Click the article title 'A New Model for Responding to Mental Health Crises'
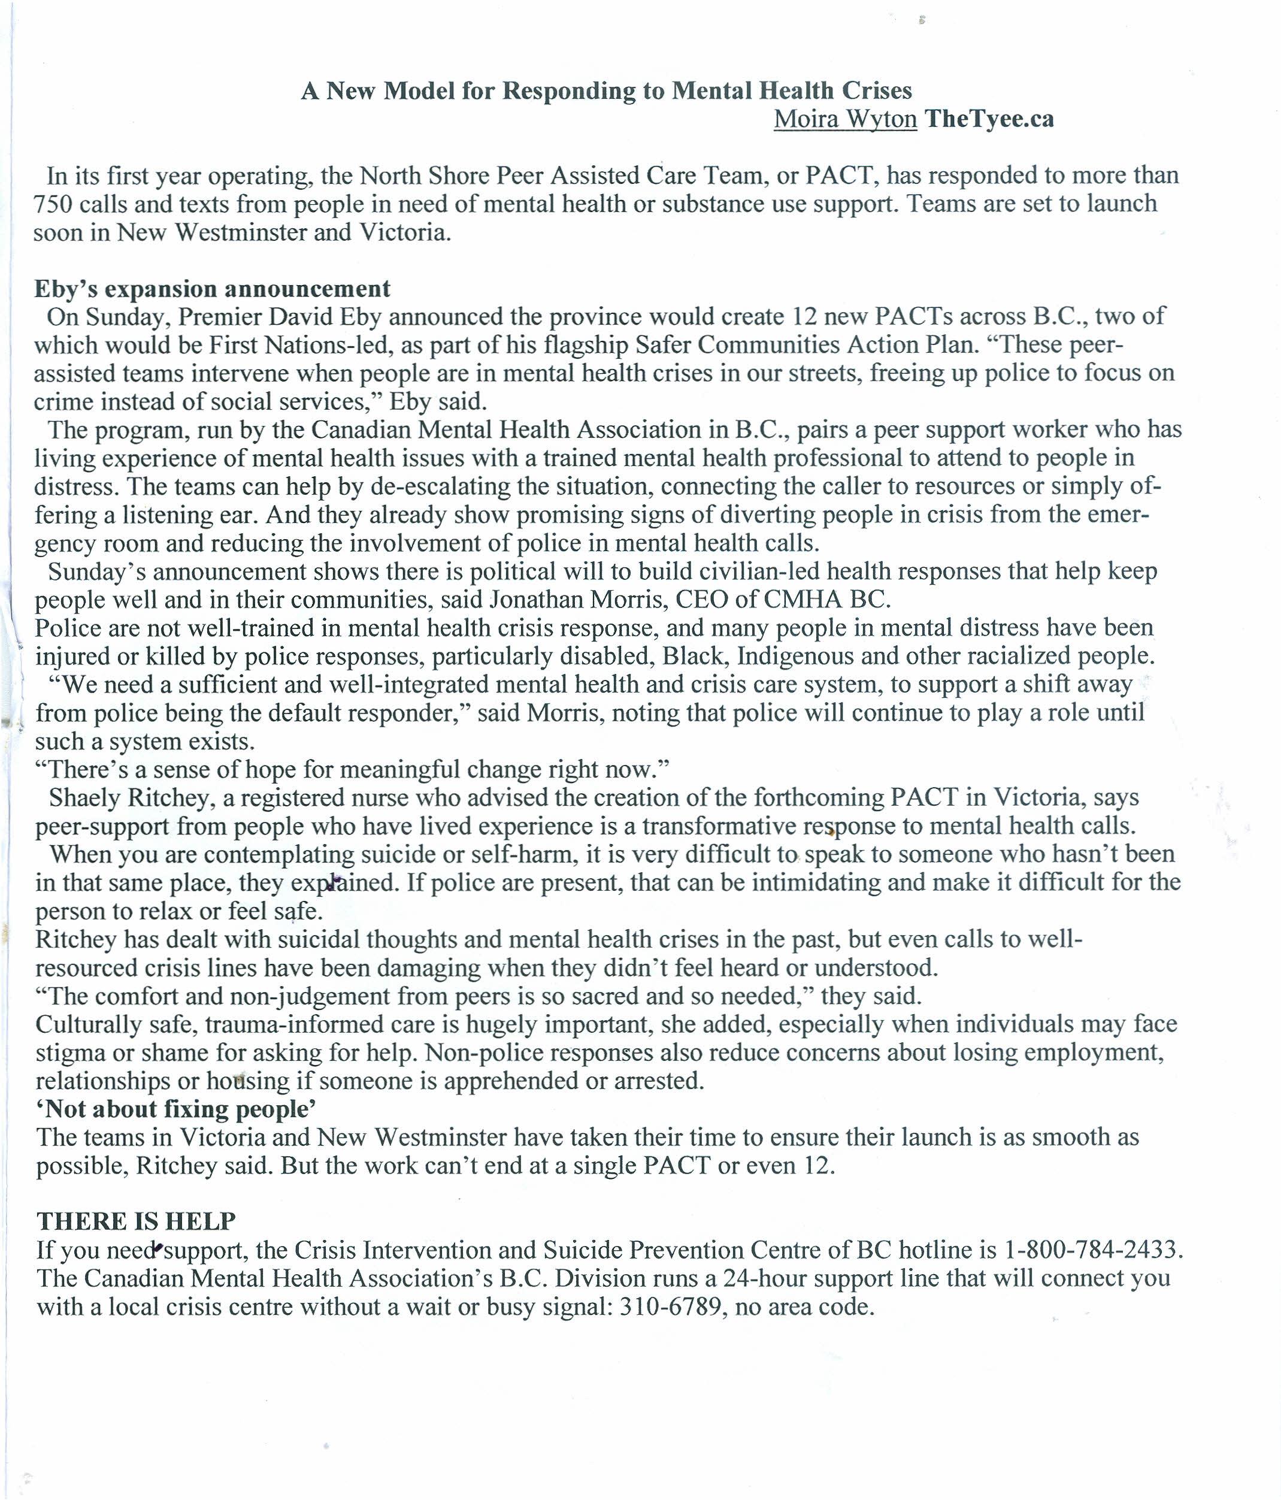(x=607, y=90)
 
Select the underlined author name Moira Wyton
(x=844, y=119)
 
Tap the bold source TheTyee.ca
(x=989, y=119)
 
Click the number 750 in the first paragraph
(x=52, y=204)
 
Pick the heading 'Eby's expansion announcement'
(x=212, y=289)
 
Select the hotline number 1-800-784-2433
(x=1092, y=1250)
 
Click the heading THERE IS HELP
(x=136, y=1221)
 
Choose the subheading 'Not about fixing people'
(x=177, y=1109)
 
